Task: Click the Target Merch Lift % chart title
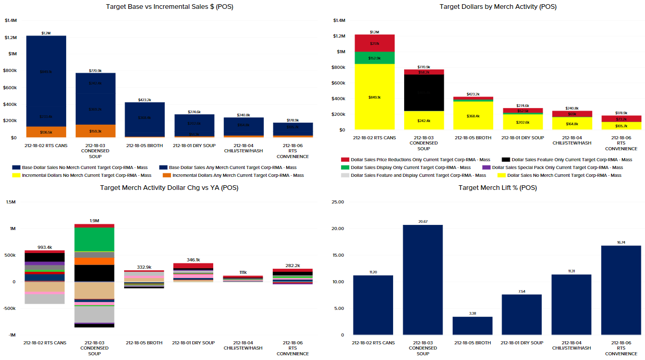pos(497,188)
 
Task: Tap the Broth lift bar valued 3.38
pos(472,326)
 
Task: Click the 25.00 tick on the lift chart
pos(338,202)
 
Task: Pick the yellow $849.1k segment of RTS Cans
pos(374,97)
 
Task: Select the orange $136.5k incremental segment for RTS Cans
pos(46,132)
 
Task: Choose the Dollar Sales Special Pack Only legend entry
pos(557,167)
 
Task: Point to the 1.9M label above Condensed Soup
pos(94,221)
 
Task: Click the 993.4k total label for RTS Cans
pos(45,247)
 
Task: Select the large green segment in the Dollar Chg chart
pos(94,239)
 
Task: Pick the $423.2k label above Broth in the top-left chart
pos(144,100)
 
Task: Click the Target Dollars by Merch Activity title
pos(497,7)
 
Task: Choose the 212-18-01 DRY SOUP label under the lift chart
pos(522,343)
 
